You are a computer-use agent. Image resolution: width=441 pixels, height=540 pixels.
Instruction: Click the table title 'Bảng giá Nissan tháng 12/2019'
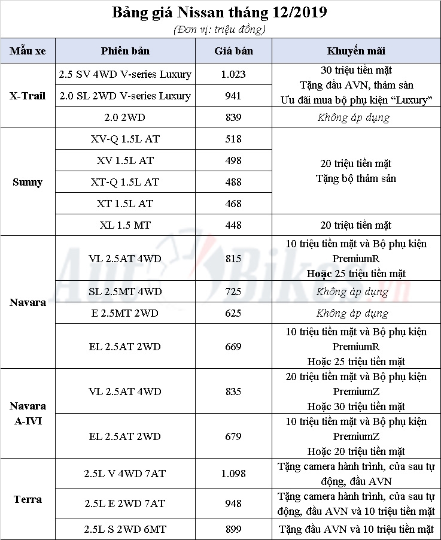click(220, 13)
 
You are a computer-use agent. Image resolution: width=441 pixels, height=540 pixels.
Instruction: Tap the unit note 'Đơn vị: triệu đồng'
click(220, 29)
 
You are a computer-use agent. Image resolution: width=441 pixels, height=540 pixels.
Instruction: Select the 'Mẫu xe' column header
click(28, 51)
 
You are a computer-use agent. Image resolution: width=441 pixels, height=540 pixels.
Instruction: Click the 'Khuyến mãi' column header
click(356, 51)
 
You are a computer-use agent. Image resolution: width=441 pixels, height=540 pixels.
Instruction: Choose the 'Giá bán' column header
click(233, 51)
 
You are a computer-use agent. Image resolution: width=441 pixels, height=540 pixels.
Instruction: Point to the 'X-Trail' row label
click(28, 96)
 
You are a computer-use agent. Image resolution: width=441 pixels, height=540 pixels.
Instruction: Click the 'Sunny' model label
click(28, 182)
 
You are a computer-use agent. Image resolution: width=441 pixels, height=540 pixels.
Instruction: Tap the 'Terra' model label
click(28, 499)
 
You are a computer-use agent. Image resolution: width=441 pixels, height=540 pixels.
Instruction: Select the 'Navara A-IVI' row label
click(28, 413)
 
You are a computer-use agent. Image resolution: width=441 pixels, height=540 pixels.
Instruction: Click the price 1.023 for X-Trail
click(233, 75)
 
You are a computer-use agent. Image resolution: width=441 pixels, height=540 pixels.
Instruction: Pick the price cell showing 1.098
click(233, 474)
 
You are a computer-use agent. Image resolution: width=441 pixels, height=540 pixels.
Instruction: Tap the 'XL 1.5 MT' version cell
click(125, 225)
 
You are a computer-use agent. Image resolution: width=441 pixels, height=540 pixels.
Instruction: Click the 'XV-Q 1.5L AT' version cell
click(125, 139)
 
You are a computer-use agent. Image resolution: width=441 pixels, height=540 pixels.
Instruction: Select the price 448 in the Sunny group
click(233, 225)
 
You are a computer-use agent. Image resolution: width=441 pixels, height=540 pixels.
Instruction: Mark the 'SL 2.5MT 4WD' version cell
click(125, 292)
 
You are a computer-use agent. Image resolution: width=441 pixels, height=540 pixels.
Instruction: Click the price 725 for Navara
click(233, 292)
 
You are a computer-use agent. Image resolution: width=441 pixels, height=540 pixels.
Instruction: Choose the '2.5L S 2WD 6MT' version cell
click(125, 529)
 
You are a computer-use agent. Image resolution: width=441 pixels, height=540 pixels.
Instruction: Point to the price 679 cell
click(233, 436)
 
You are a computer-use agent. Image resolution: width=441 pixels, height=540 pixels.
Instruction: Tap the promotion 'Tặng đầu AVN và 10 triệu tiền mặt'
click(356, 529)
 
